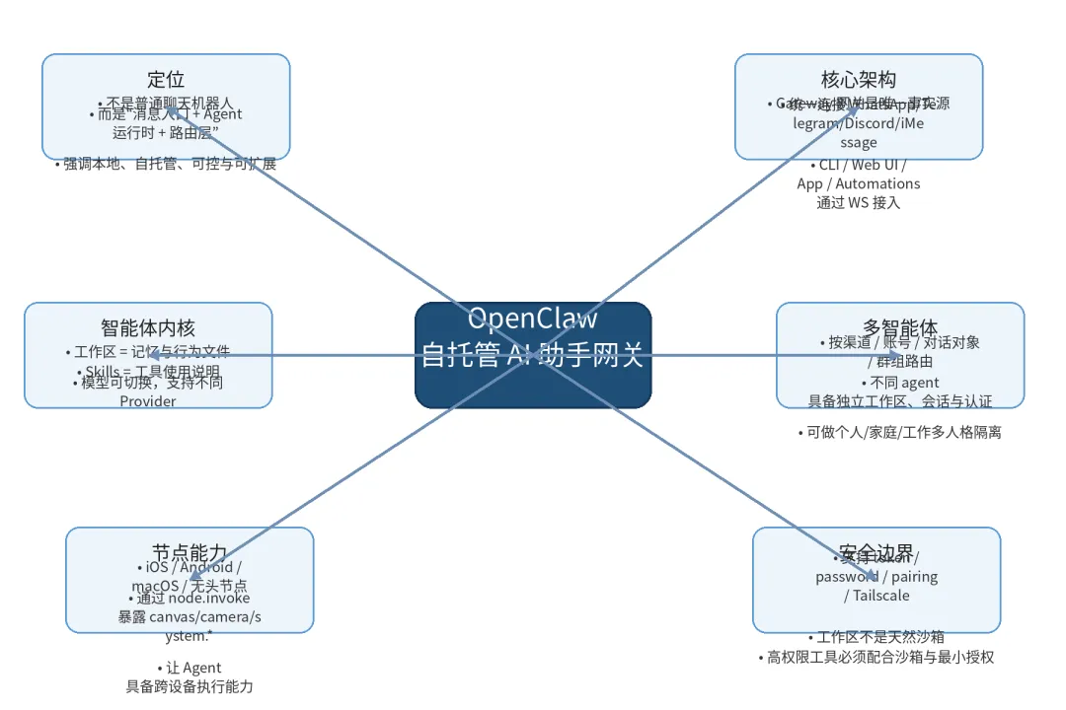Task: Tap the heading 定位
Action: click(166, 80)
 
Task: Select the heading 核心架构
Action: click(859, 80)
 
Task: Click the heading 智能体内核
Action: click(148, 328)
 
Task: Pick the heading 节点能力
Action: click(190, 553)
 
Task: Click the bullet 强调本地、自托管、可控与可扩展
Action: click(166, 165)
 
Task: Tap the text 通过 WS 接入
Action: click(859, 203)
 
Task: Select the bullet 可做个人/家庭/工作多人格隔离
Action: click(900, 432)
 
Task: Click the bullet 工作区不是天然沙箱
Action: click(876, 637)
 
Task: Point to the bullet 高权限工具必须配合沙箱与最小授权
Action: click(876, 657)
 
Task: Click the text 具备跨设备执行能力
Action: click(190, 686)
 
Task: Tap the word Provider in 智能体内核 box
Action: click(148, 401)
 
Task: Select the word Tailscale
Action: click(877, 596)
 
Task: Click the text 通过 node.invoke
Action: click(190, 599)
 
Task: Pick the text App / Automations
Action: click(859, 183)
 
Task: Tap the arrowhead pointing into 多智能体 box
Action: click(892, 355)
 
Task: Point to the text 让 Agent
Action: click(190, 668)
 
